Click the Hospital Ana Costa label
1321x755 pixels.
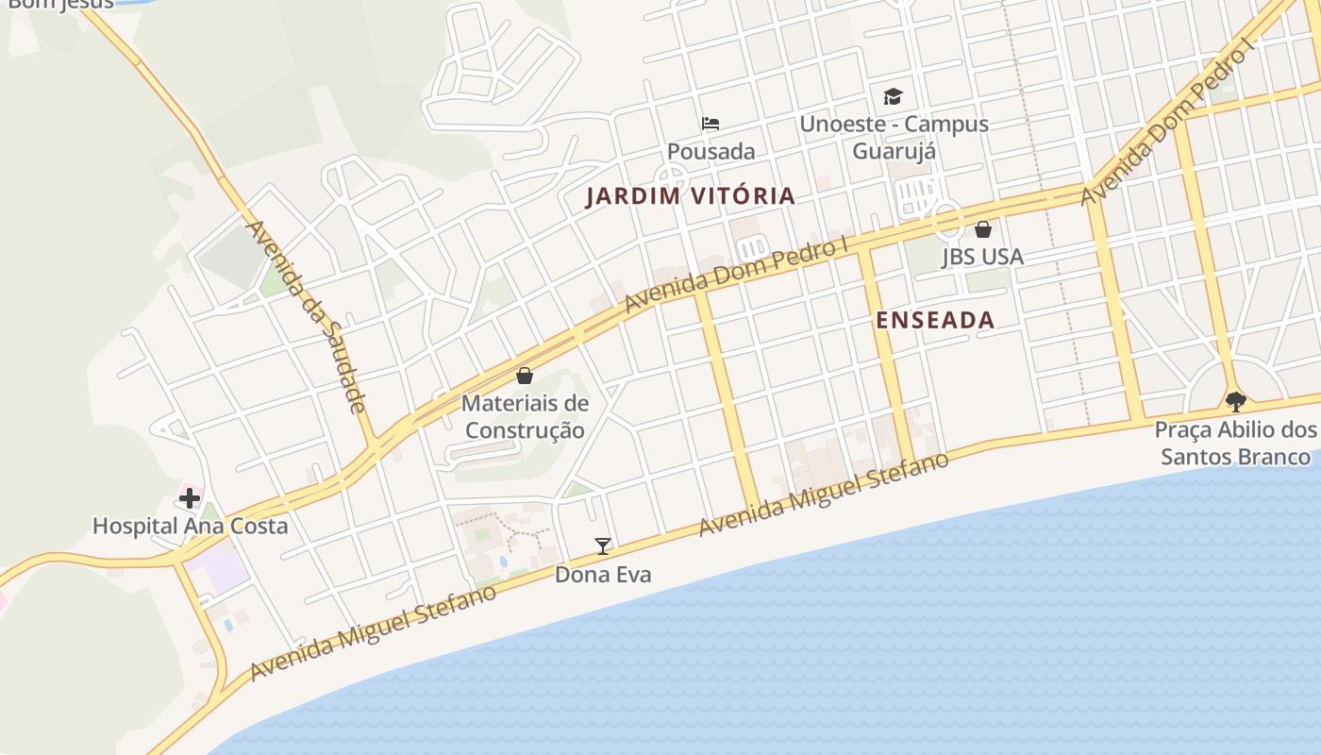coord(190,526)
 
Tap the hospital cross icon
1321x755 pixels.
coord(190,497)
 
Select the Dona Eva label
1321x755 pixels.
coord(602,574)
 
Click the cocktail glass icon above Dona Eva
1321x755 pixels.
coord(602,545)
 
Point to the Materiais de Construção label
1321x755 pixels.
coord(525,417)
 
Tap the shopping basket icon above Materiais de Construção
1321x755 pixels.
coord(525,376)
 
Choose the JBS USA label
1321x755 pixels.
coord(982,256)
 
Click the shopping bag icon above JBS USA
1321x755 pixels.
coord(982,228)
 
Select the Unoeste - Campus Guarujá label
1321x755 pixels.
coord(894,137)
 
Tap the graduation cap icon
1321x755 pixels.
coord(893,96)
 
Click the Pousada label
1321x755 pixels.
coord(711,151)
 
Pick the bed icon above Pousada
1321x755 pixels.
coord(711,124)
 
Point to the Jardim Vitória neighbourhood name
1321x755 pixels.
coord(690,196)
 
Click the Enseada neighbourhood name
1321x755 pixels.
coord(934,320)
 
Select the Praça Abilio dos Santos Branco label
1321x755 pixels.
coord(1235,444)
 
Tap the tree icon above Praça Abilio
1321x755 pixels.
coord(1235,401)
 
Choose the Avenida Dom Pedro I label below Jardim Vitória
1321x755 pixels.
coord(737,275)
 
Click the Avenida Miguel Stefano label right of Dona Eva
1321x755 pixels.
coord(823,495)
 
